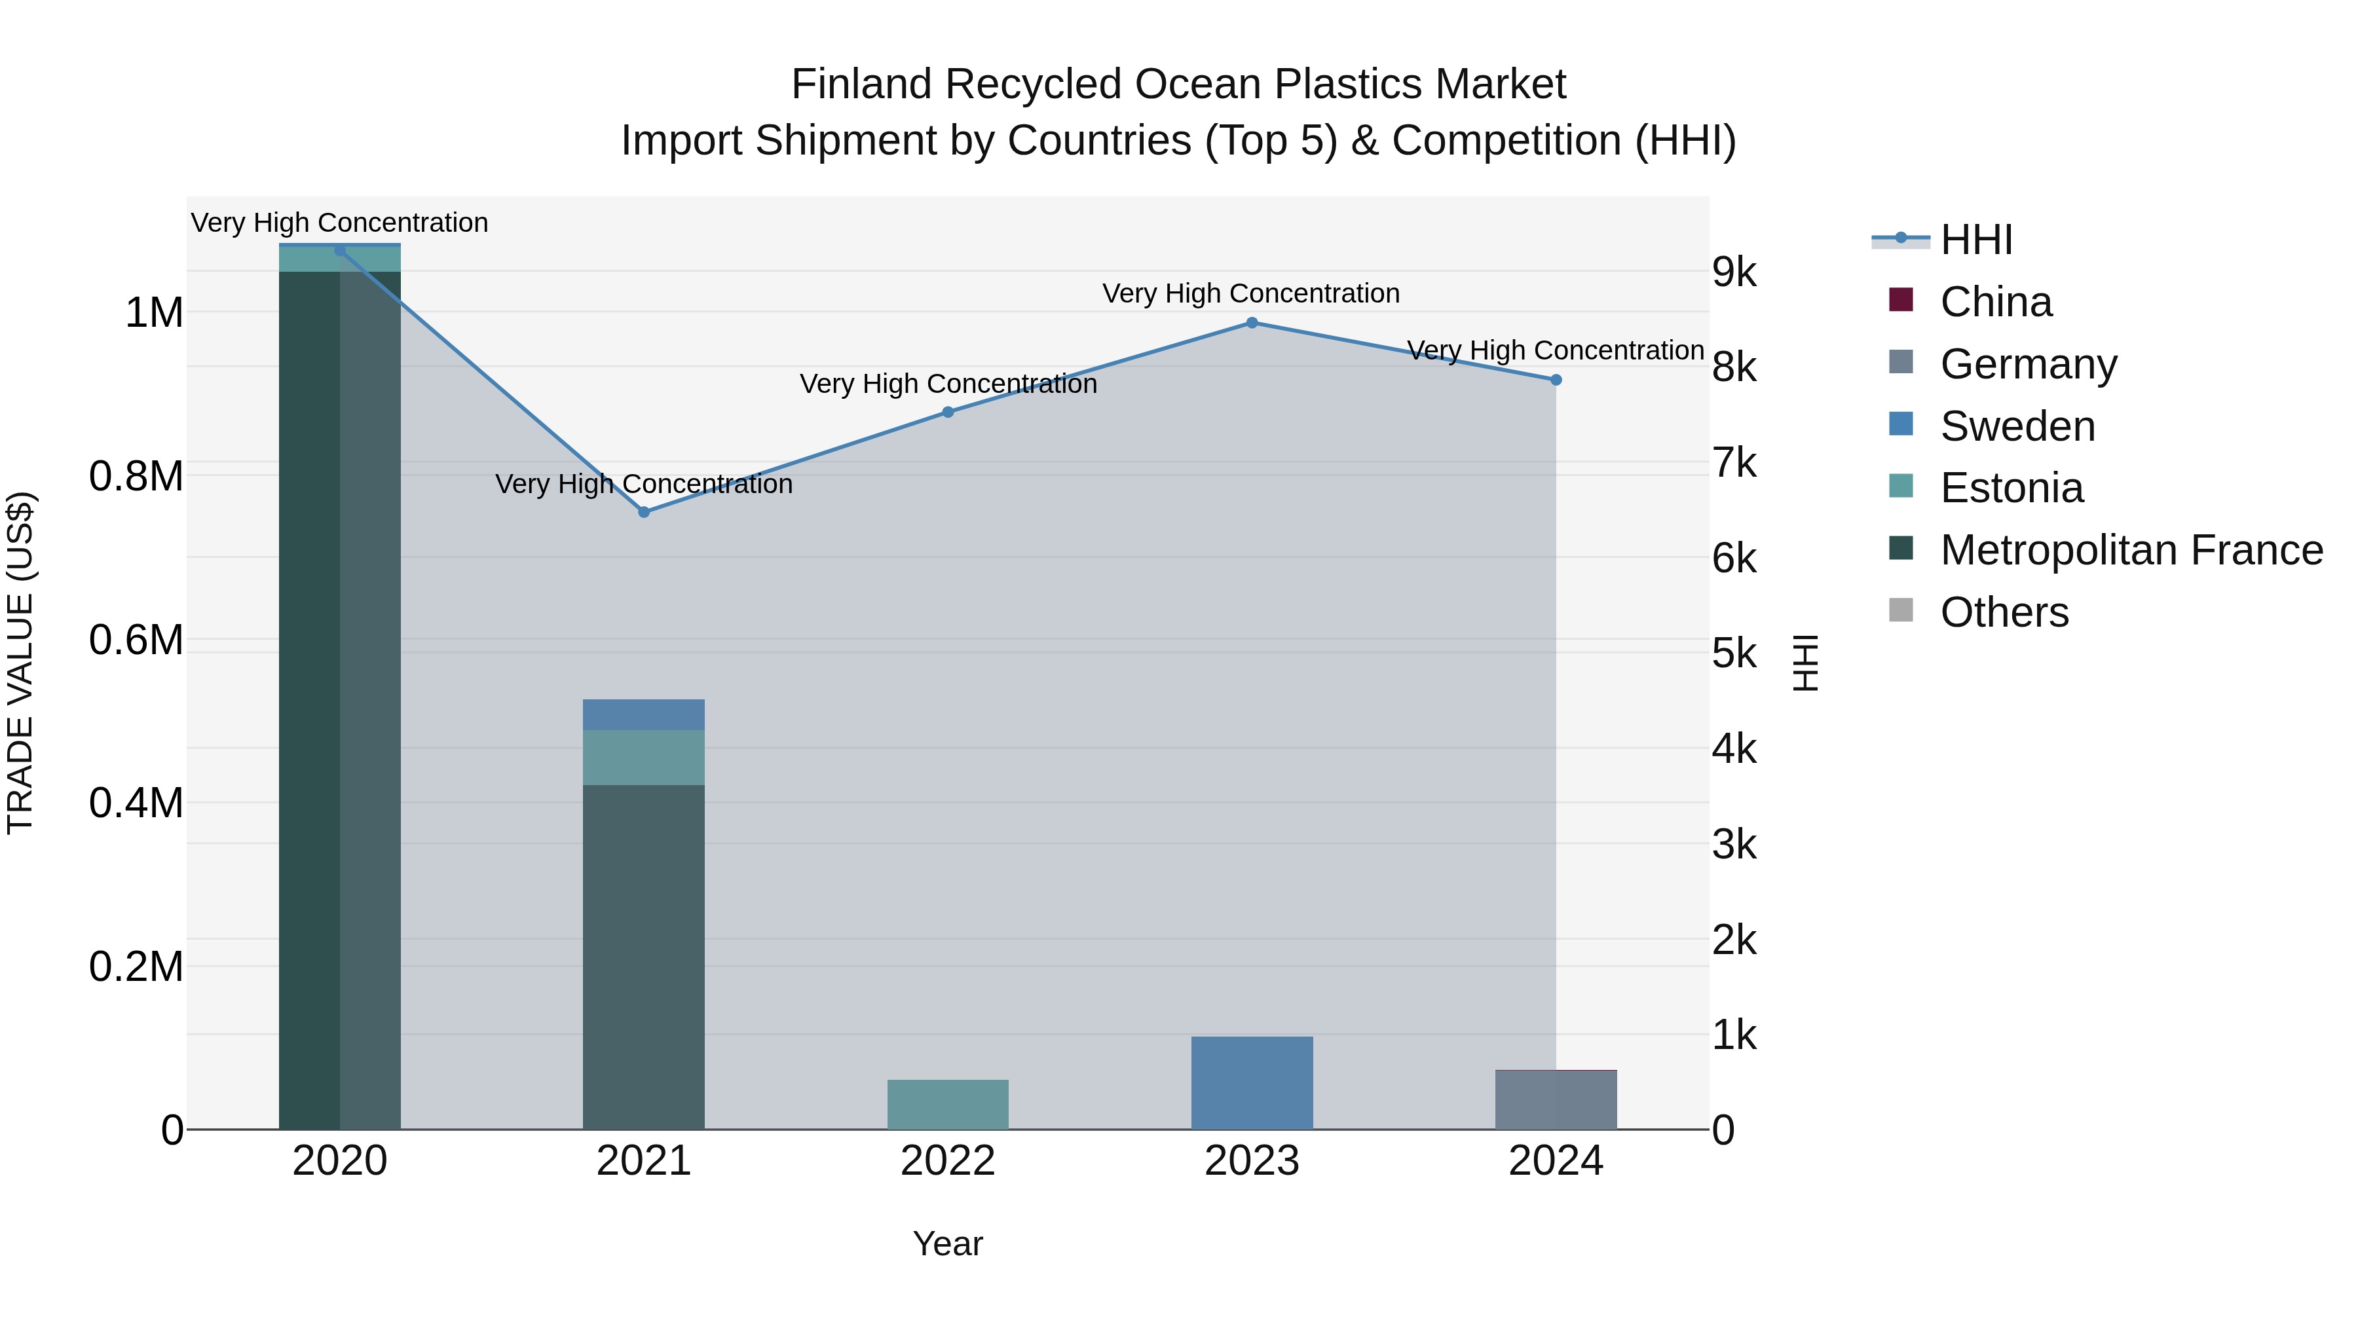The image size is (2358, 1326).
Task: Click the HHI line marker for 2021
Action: tap(643, 513)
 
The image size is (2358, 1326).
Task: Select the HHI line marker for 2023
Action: tap(1251, 323)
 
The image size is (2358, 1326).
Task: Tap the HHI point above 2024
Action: tap(1555, 380)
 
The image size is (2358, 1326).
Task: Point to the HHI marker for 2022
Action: tap(947, 413)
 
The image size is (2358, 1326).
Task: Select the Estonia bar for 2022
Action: tap(947, 1105)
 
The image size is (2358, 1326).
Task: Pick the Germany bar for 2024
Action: tap(1555, 1100)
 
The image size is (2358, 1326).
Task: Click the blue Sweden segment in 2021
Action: tap(643, 714)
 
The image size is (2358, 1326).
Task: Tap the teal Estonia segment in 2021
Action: tap(643, 758)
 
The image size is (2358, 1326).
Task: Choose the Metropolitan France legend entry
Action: tap(2131, 550)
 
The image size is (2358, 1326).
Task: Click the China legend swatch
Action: tap(1900, 300)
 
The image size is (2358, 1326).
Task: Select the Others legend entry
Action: tap(2004, 612)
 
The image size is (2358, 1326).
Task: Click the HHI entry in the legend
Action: tap(1975, 240)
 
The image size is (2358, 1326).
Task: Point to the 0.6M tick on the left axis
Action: tap(136, 640)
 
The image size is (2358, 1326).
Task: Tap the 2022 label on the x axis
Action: tap(947, 1161)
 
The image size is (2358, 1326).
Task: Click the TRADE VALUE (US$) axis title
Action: tap(20, 663)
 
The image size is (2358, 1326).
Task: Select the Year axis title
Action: tap(947, 1243)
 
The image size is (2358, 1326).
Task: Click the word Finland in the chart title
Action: tap(861, 84)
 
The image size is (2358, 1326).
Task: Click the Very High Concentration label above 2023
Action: tap(1250, 294)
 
